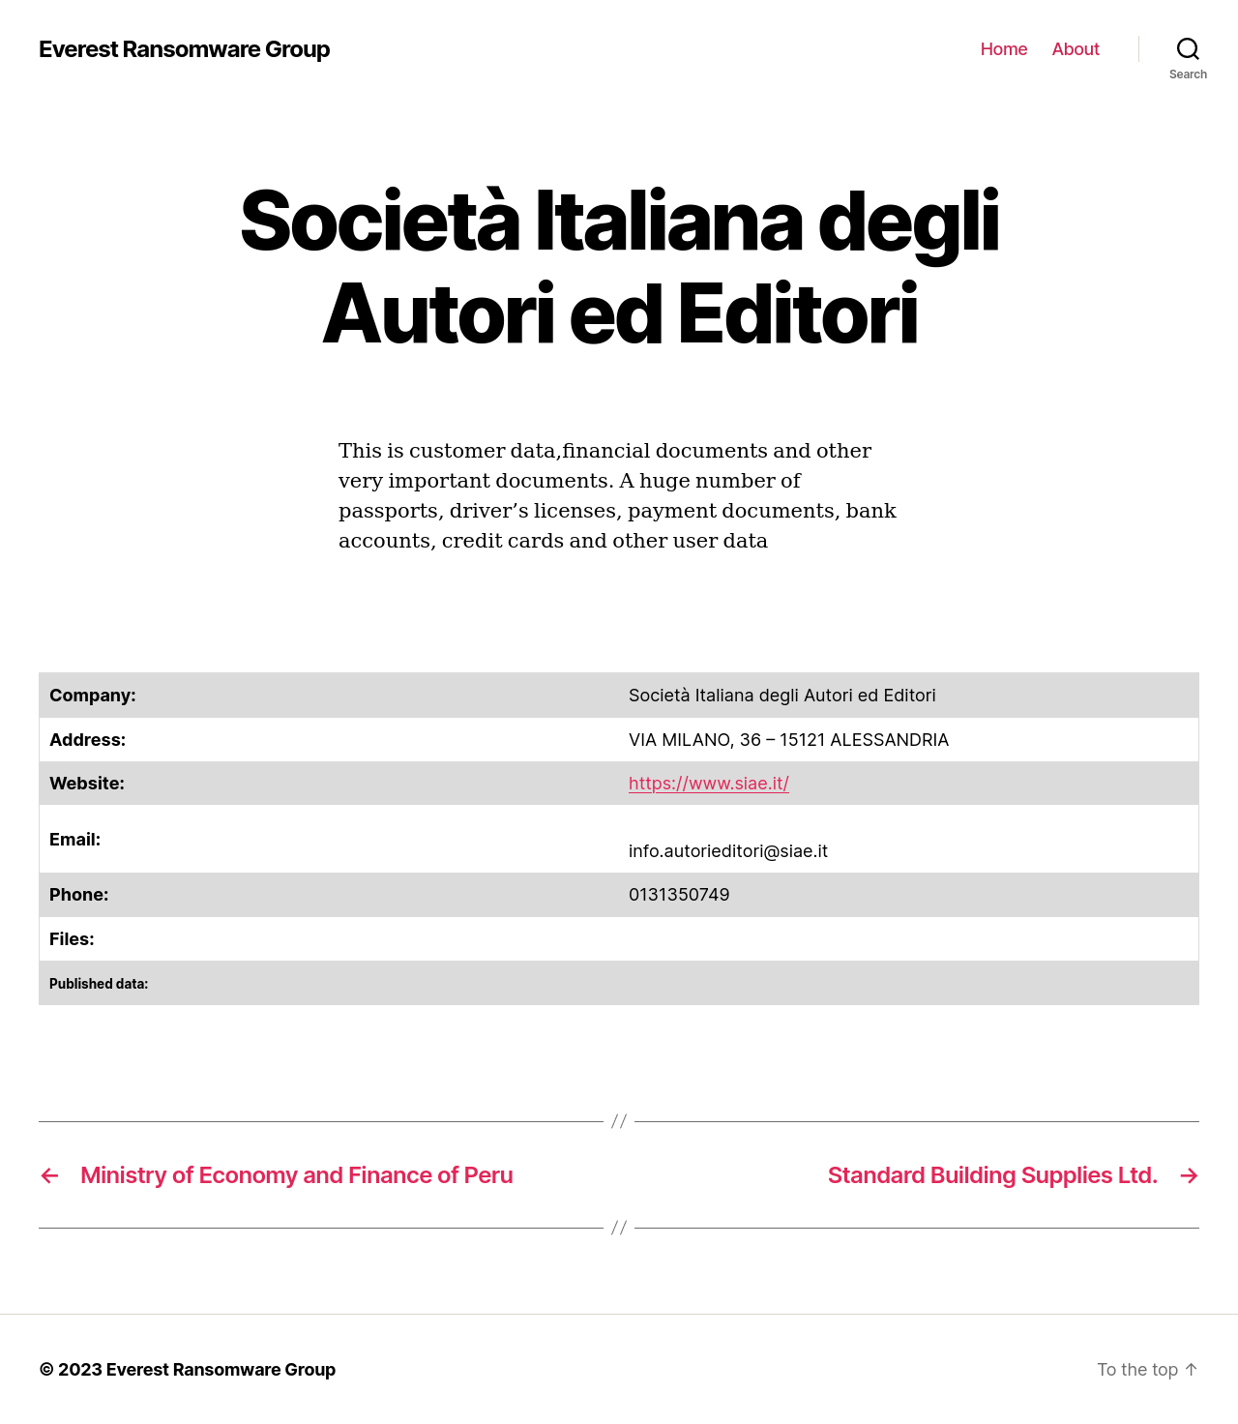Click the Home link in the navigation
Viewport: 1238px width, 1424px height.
tap(1003, 49)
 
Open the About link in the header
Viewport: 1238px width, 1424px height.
tap(1076, 49)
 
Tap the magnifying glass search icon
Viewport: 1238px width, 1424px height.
tap(1188, 48)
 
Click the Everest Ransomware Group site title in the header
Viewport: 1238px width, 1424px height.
tap(184, 49)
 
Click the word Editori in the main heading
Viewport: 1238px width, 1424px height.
tap(798, 314)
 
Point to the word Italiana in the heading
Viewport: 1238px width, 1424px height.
tap(668, 222)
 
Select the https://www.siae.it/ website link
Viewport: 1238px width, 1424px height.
tap(708, 784)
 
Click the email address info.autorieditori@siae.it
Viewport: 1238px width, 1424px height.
tap(727, 851)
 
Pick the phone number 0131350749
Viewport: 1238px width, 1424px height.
tap(679, 895)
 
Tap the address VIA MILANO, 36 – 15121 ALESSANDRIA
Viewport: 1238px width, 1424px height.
tap(788, 740)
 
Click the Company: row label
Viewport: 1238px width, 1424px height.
tap(93, 696)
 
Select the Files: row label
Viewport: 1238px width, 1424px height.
tap(72, 939)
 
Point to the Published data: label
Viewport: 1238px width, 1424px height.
tap(99, 984)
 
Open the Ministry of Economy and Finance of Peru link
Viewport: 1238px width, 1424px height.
tap(296, 1175)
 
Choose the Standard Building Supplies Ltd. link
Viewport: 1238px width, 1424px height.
tap(992, 1175)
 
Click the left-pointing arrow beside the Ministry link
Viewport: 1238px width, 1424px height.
tap(50, 1175)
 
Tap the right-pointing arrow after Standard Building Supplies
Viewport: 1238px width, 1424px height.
tap(1189, 1175)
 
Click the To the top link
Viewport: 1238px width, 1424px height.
tap(1146, 1370)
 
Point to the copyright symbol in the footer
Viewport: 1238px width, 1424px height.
tap(46, 1370)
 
